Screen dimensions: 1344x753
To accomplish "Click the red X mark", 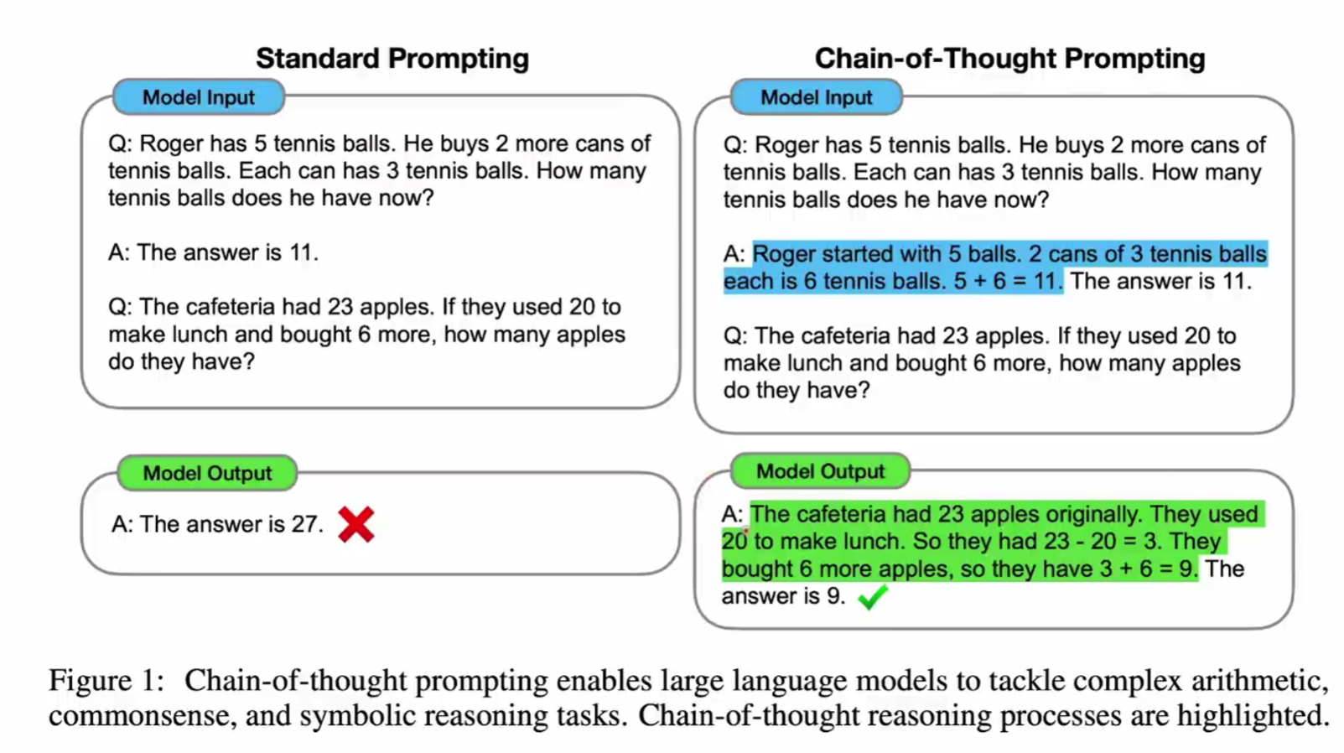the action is tap(355, 524).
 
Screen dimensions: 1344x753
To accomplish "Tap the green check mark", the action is tap(873, 597).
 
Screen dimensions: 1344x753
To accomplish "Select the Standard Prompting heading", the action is tap(392, 59).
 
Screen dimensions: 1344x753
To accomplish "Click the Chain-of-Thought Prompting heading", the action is tap(1009, 59).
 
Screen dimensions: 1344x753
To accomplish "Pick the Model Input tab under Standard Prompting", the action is tap(199, 96).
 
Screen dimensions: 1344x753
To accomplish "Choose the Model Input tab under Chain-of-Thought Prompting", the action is tap(817, 96).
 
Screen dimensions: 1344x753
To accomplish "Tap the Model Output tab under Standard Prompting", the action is tap(208, 473).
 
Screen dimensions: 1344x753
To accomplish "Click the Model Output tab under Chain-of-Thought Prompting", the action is tap(820, 471).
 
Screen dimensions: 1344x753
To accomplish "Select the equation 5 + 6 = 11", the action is tap(1008, 282).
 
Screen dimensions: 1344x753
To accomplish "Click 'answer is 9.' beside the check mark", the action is tap(784, 597).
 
